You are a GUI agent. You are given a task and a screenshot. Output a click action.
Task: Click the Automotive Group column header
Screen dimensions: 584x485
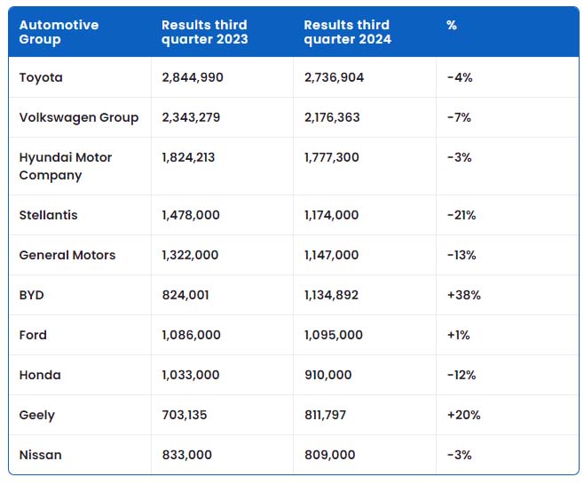click(x=59, y=32)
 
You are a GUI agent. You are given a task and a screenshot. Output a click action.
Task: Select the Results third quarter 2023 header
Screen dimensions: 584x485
click(x=204, y=32)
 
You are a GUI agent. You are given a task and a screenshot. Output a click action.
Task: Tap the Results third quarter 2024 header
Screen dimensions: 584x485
click(x=348, y=32)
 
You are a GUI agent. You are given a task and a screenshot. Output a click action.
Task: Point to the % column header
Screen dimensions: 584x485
click(x=452, y=25)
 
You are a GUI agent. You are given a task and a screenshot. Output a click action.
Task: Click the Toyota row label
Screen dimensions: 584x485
click(x=41, y=77)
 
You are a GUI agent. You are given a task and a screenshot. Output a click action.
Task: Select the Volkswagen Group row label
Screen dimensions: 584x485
click(x=79, y=117)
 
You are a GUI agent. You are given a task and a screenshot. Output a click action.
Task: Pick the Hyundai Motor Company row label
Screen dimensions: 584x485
click(x=66, y=166)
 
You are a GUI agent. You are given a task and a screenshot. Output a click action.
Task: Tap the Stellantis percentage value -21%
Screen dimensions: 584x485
click(x=462, y=215)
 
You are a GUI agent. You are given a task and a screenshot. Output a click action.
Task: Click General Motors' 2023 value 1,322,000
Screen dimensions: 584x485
click(x=190, y=255)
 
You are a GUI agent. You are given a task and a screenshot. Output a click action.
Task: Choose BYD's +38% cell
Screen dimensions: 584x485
click(x=463, y=295)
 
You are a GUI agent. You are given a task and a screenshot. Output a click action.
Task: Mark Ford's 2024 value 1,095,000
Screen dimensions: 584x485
click(x=334, y=335)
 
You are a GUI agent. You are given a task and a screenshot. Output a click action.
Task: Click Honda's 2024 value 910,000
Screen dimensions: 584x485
click(x=328, y=375)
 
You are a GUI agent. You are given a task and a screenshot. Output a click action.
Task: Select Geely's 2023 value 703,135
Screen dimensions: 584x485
click(x=185, y=415)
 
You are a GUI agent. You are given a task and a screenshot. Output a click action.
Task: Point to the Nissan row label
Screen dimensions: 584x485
click(x=40, y=455)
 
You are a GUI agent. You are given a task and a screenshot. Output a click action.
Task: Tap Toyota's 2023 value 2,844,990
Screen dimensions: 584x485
click(x=193, y=77)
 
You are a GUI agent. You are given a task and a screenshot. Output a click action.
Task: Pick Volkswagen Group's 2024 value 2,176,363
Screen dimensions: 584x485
click(x=332, y=117)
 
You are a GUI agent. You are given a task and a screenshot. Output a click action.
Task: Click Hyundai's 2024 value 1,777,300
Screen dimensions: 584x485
click(x=332, y=157)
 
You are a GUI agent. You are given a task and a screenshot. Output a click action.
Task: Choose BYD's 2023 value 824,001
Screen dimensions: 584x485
click(x=185, y=295)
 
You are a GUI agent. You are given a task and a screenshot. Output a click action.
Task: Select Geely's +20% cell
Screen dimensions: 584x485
click(x=463, y=415)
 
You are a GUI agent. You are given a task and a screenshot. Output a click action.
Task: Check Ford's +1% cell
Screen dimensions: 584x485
click(x=458, y=335)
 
